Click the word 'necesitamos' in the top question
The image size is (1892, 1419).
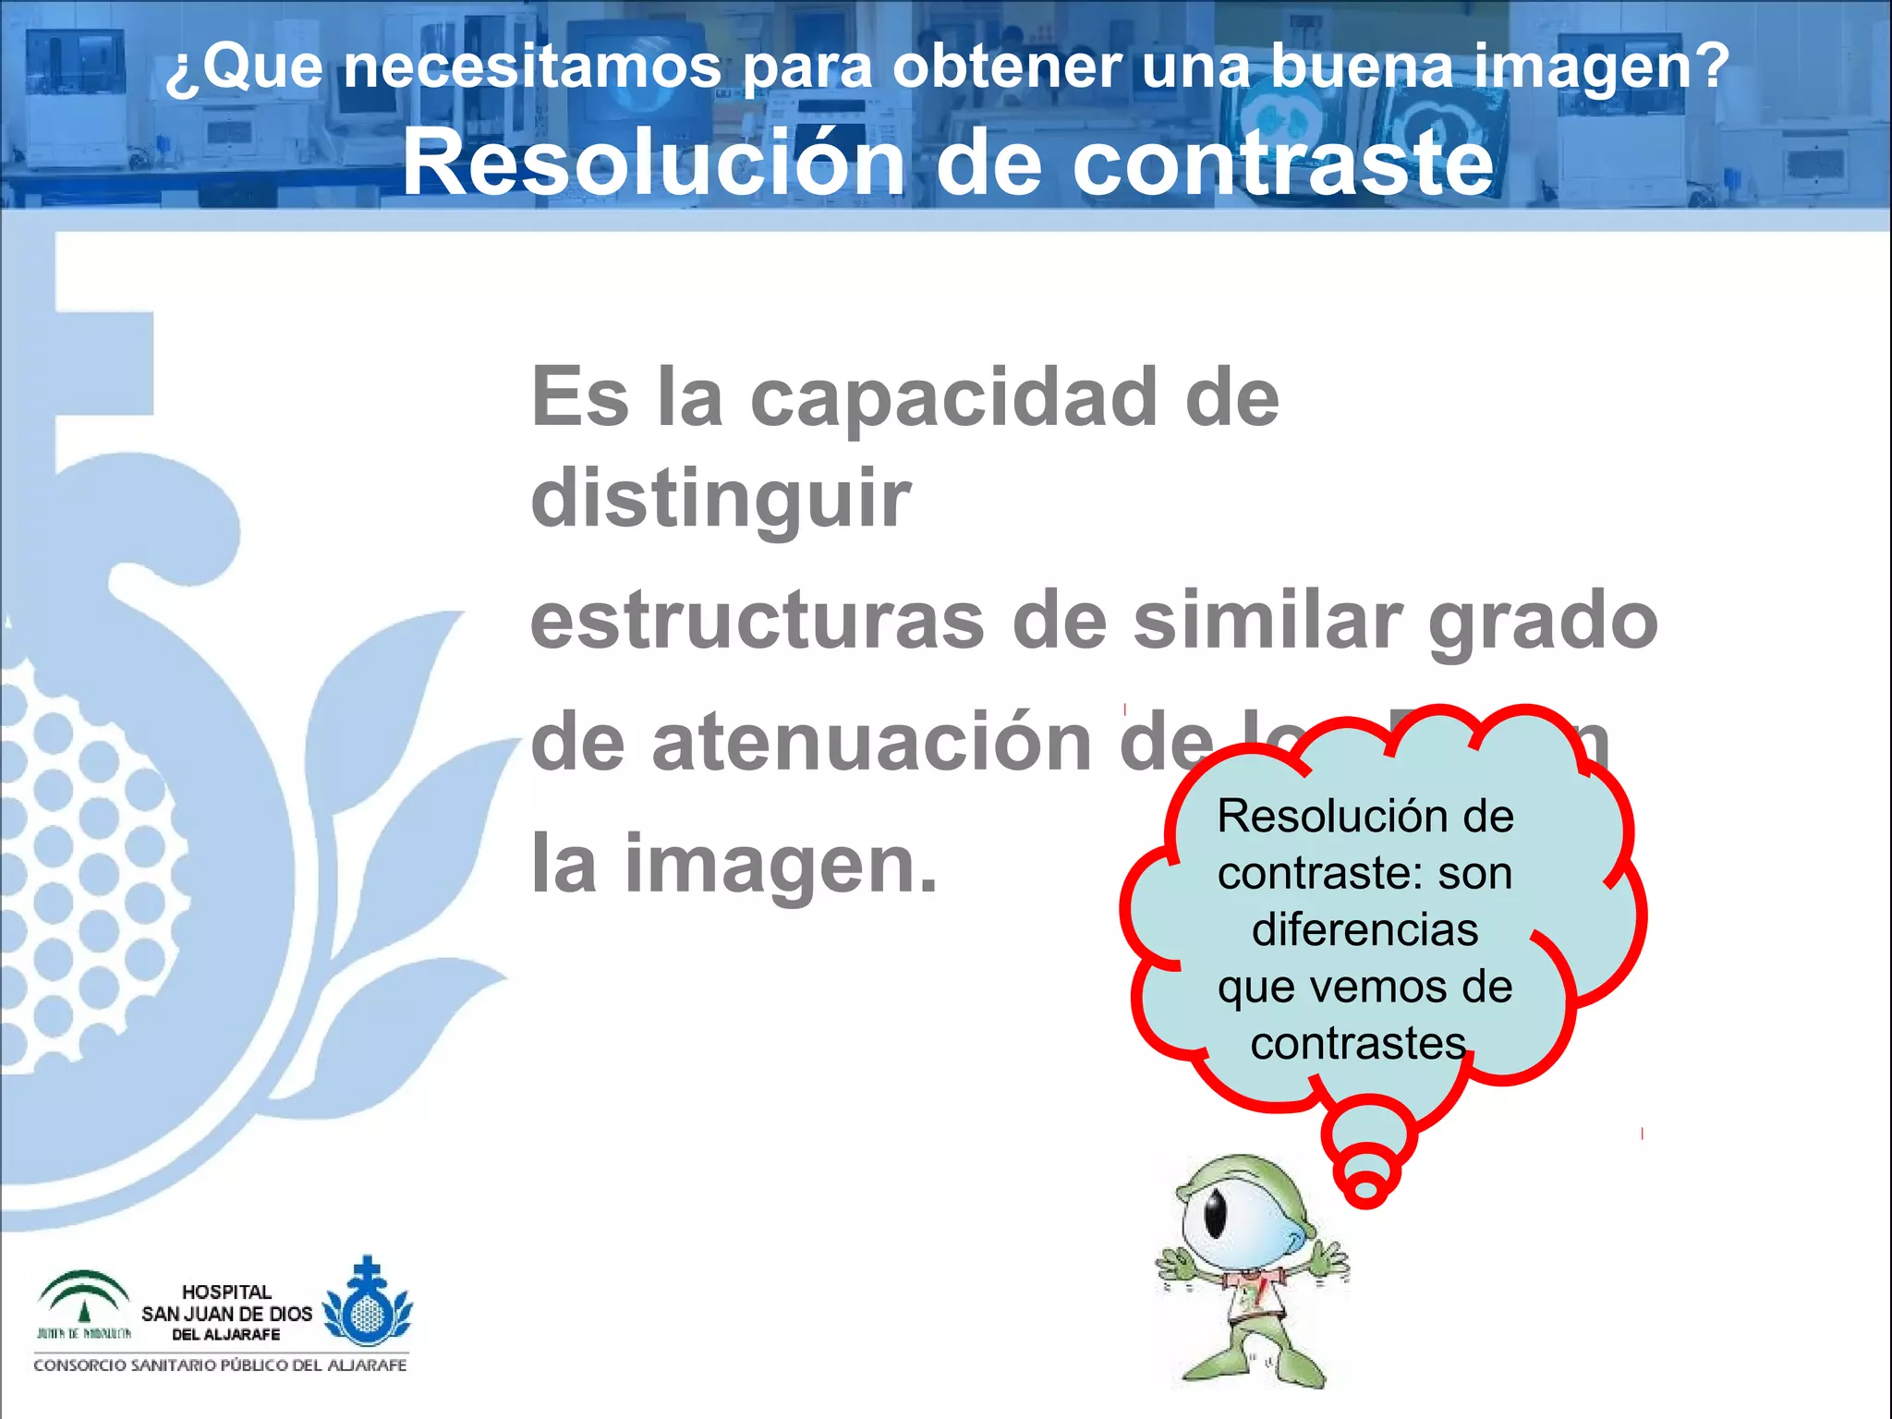[x=532, y=67]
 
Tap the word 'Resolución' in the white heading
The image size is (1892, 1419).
[x=654, y=163]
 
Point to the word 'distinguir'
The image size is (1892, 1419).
[x=721, y=499]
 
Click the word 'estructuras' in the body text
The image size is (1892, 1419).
[x=758, y=621]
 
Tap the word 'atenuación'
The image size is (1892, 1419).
[x=872, y=745]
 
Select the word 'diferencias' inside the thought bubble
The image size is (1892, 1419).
[x=1364, y=929]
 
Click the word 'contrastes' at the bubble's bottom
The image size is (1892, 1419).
[x=1358, y=1044]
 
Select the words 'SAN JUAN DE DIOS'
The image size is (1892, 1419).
[x=226, y=1314]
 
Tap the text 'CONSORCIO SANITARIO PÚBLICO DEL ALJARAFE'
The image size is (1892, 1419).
[x=220, y=1365]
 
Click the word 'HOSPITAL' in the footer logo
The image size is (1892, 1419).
[x=226, y=1292]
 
